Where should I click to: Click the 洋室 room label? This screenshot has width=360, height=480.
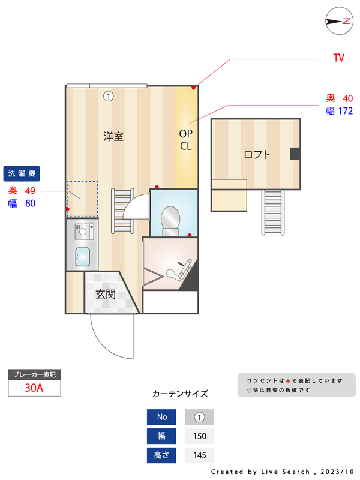(x=113, y=136)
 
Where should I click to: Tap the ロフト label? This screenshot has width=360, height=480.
(x=257, y=154)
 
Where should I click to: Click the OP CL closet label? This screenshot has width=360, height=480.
(x=185, y=139)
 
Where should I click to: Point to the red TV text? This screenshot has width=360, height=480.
(x=339, y=58)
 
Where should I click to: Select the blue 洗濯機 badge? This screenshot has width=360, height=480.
(x=22, y=173)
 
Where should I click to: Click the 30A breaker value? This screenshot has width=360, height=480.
(x=34, y=388)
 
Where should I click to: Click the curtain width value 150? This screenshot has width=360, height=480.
(x=199, y=436)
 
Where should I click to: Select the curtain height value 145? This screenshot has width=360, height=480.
(x=199, y=455)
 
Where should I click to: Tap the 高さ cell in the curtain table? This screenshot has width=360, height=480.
(x=162, y=455)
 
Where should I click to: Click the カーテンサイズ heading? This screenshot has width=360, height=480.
(x=180, y=394)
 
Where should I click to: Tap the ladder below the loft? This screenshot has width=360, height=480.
(x=272, y=212)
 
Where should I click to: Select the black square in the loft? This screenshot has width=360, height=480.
(x=295, y=154)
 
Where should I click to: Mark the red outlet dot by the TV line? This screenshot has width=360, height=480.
(x=193, y=88)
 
